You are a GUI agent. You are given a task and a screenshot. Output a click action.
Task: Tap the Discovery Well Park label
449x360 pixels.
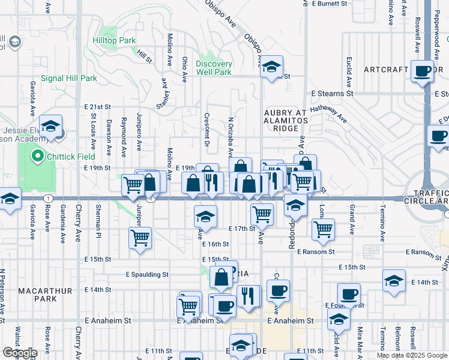[x=214, y=68]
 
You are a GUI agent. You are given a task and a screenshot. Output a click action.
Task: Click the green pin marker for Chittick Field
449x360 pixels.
[x=37, y=158]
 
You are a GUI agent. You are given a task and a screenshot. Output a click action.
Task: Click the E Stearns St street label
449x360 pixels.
[x=333, y=94]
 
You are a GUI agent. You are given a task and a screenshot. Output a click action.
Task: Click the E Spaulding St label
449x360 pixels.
[x=147, y=275]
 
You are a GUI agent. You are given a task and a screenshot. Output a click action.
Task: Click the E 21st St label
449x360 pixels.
[x=98, y=106]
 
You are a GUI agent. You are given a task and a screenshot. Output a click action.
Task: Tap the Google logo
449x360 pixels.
[x=20, y=353]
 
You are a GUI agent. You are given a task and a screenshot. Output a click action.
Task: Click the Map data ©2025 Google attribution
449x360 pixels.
[x=411, y=355]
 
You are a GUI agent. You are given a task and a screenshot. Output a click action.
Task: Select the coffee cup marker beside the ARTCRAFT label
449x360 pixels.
[x=423, y=71]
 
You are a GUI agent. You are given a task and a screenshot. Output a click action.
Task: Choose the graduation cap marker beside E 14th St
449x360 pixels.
[x=393, y=282]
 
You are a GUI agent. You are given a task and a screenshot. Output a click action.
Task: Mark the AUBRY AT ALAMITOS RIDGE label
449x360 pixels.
[x=285, y=121]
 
